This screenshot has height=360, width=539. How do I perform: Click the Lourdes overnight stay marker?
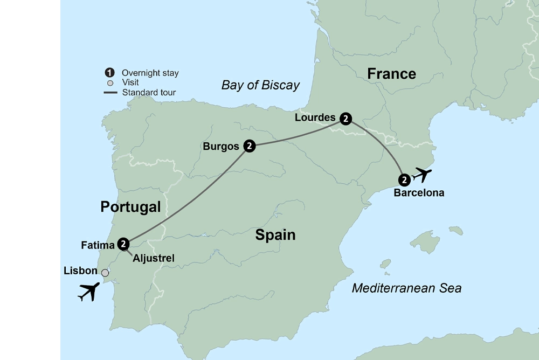coord(346,118)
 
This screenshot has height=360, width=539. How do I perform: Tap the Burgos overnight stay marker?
coord(249,146)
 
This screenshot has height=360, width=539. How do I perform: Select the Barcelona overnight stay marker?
coord(404,180)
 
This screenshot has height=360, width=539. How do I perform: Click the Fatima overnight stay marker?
coord(124,244)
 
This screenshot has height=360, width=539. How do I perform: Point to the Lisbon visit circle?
coord(105,273)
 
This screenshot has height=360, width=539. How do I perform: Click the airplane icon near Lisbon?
coord(89,292)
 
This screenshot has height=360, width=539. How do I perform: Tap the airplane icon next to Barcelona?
coord(421,175)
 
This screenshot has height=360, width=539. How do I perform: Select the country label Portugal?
coord(130,207)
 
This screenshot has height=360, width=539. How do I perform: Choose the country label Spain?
coord(275,235)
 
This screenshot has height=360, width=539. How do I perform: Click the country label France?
coord(391,74)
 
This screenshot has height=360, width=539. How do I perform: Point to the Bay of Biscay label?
coord(260,85)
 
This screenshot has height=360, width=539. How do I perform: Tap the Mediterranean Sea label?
coord(406,288)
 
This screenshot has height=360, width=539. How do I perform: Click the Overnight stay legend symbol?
coord(110,73)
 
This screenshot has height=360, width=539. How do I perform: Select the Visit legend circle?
coord(110,83)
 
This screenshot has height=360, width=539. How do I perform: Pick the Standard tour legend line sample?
coord(110,93)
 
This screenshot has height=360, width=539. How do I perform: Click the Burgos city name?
coord(221,146)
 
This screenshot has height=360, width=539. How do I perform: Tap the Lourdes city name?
coord(315,117)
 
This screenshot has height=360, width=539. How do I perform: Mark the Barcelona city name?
coord(419,193)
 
